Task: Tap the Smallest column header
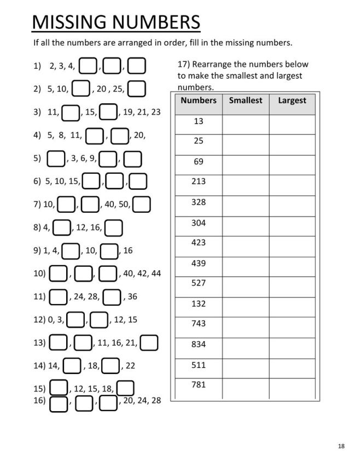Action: [x=246, y=101]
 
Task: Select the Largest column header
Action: [x=292, y=101]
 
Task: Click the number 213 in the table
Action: [x=199, y=182]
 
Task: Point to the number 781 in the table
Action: [x=199, y=385]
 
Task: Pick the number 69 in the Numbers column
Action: [x=199, y=161]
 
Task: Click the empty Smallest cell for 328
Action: [x=246, y=206]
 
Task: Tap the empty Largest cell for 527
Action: [x=292, y=287]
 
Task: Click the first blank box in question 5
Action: [x=56, y=159]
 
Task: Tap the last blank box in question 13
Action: [x=149, y=343]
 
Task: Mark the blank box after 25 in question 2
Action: [x=137, y=88]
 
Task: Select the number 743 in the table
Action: [x=199, y=324]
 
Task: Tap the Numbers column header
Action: [x=199, y=101]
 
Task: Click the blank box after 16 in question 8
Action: [x=113, y=227]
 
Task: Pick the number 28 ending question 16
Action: [x=156, y=401]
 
